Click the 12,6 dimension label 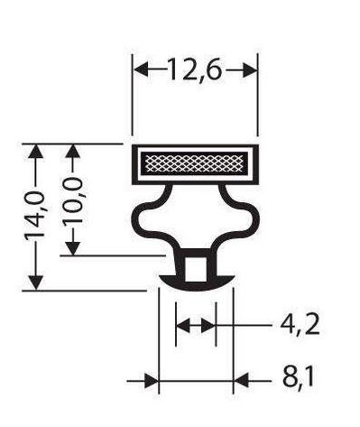click(195, 70)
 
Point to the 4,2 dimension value click(300, 326)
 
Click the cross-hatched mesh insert click(196, 162)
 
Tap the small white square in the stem click(196, 269)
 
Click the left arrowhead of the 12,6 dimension click(141, 70)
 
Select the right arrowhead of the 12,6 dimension click(250, 70)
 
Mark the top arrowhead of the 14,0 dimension click(36, 152)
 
